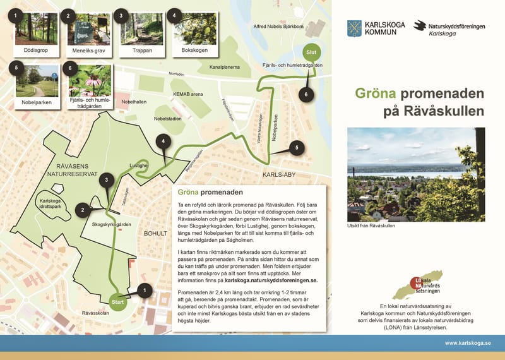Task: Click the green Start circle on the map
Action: tap(118, 302)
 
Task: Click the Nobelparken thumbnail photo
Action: tap(37, 80)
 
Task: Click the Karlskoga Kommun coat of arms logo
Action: tap(354, 28)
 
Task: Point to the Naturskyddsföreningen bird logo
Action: tap(420, 25)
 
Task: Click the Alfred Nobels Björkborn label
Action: tap(278, 27)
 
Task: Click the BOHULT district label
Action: tap(155, 233)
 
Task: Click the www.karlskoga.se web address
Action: tap(467, 343)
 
